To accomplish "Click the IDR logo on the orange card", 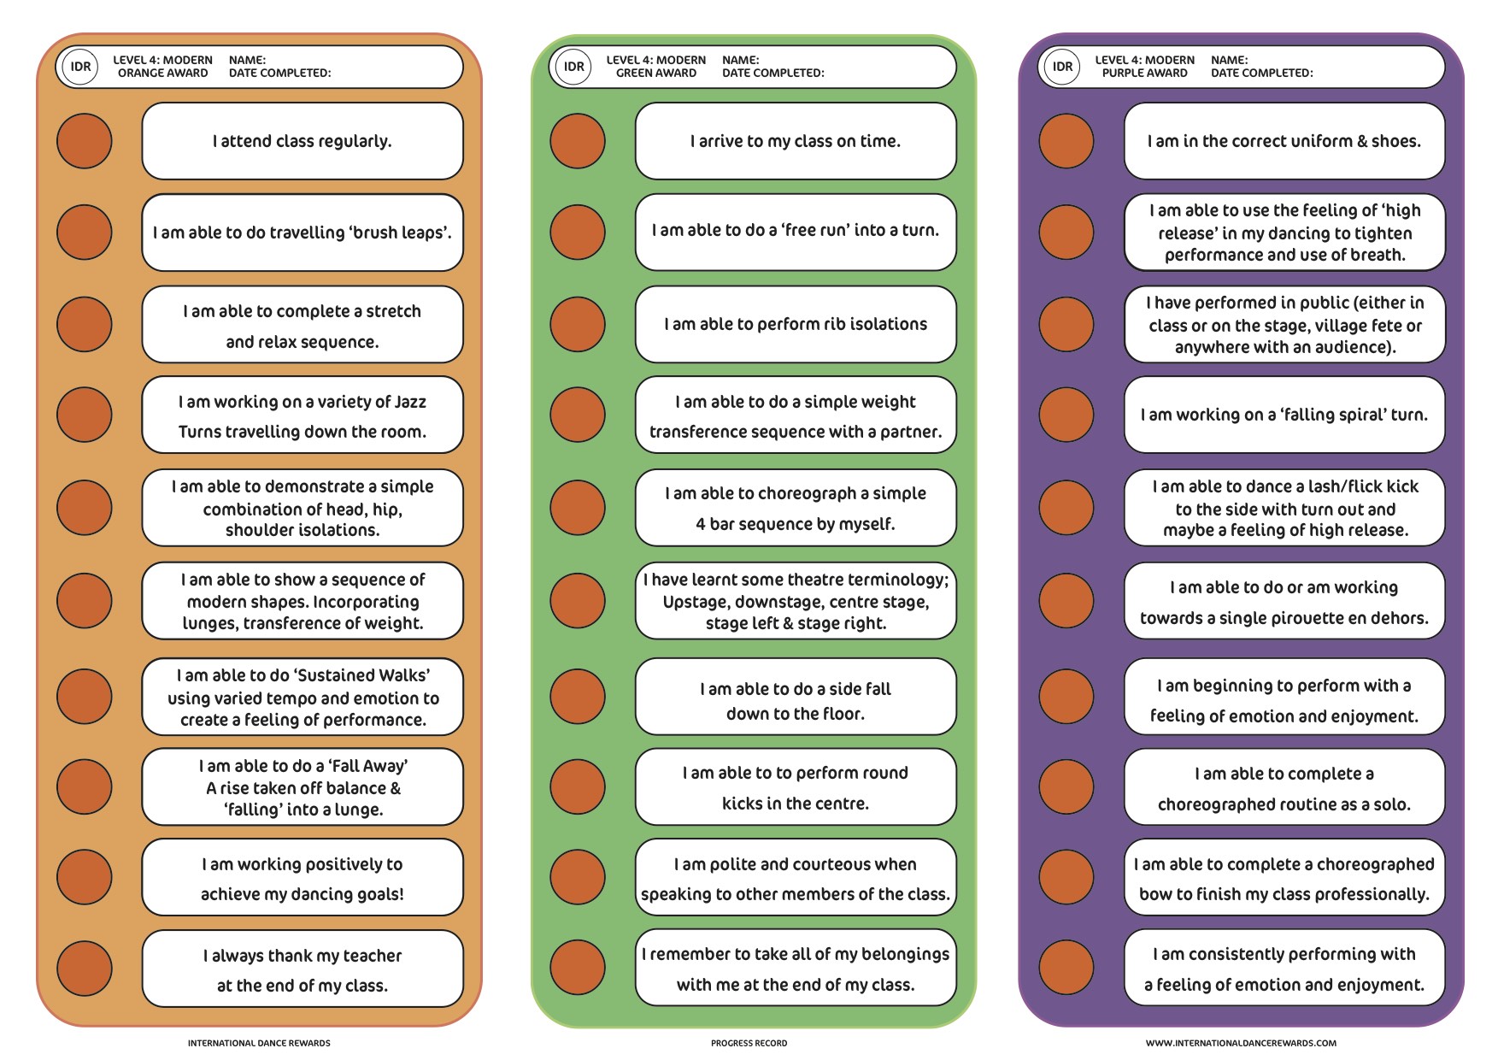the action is click(81, 67).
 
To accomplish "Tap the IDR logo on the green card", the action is click(574, 67).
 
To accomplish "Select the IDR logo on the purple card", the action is click(1062, 67).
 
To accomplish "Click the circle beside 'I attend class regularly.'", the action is click(84, 141).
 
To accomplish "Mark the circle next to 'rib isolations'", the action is click(578, 324).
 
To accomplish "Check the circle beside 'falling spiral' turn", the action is click(1066, 415).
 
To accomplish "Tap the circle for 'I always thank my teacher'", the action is click(84, 969).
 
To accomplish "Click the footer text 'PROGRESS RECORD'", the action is click(749, 1043).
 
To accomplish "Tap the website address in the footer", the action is click(1241, 1043).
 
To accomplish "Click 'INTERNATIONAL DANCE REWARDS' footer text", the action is click(259, 1043).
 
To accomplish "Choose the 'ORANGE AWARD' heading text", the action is click(162, 74).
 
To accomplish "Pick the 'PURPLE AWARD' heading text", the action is click(1144, 74).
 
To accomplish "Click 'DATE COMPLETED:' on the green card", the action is click(772, 74).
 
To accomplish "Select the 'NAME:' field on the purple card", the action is click(1229, 60).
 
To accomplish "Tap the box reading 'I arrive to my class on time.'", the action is click(795, 141).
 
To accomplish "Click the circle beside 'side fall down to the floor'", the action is click(578, 697).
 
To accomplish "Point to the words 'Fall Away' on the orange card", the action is click(373, 766).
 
